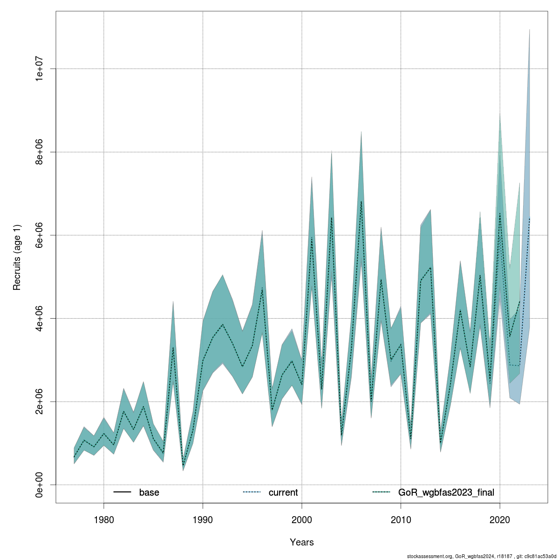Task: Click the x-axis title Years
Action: pyautogui.click(x=302, y=542)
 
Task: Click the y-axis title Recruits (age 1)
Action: pyautogui.click(x=17, y=257)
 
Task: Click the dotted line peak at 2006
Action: pyautogui.click(x=361, y=201)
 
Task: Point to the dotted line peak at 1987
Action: pyautogui.click(x=173, y=348)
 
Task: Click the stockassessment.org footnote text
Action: pyautogui.click(x=482, y=556)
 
